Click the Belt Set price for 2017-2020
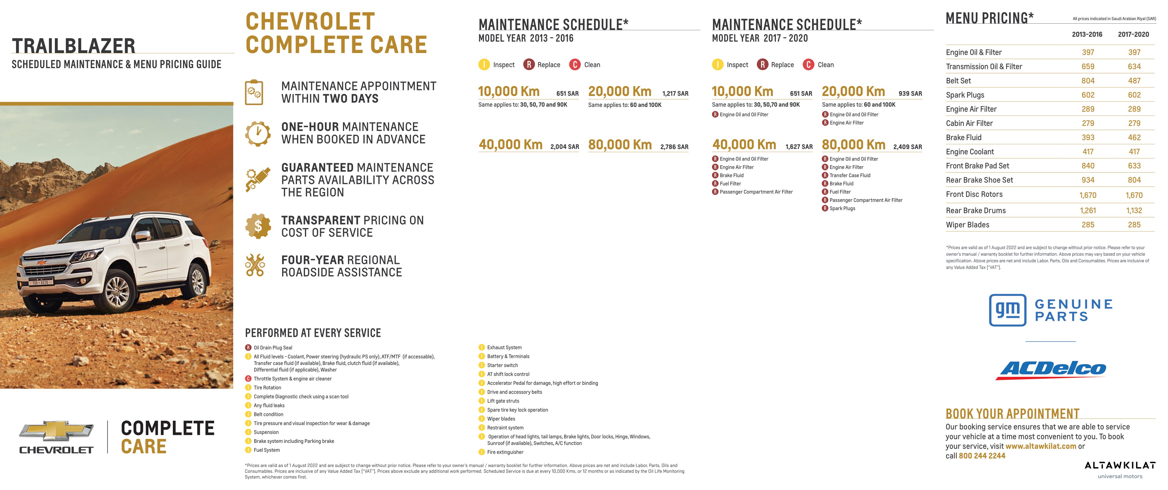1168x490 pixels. click(1134, 81)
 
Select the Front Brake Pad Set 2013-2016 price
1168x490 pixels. click(1087, 166)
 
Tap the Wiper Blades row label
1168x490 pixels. click(967, 225)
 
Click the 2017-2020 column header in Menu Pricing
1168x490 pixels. click(1133, 34)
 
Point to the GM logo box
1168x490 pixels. click(1007, 310)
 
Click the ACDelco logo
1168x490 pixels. click(1051, 369)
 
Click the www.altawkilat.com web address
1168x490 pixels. click(1041, 446)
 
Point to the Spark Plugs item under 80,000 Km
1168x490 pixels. click(842, 208)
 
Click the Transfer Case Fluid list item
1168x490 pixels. click(849, 175)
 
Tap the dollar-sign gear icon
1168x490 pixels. click(258, 226)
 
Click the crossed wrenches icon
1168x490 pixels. click(255, 265)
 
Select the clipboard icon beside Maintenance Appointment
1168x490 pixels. click(254, 92)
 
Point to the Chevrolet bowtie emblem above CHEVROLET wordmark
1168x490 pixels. click(56, 431)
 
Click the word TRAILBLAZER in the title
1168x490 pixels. click(74, 46)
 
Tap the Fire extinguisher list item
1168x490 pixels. click(505, 452)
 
